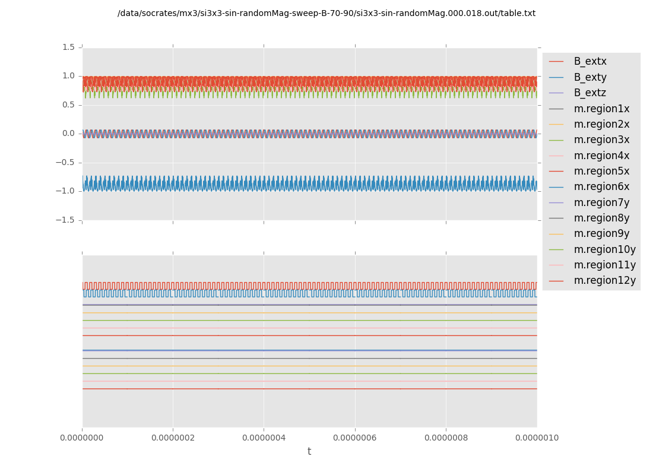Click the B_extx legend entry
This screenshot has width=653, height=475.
(x=590, y=61)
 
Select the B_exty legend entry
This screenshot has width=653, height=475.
(x=590, y=77)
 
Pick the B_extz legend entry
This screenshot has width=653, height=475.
(x=590, y=93)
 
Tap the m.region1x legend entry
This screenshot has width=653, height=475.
(x=601, y=109)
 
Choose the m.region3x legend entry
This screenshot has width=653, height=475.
(x=601, y=140)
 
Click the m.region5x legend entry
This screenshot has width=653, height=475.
(x=601, y=171)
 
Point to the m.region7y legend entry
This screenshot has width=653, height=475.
(x=601, y=202)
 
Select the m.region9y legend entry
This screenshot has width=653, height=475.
(x=601, y=233)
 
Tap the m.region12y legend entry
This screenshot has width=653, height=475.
(x=604, y=280)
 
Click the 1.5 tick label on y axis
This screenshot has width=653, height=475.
(x=69, y=47)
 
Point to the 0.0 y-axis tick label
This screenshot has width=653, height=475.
(x=69, y=133)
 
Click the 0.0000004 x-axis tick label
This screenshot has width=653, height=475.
(x=264, y=438)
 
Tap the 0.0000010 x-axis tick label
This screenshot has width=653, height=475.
(x=537, y=438)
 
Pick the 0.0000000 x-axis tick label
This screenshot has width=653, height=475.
(x=82, y=438)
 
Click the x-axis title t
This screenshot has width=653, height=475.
(x=309, y=452)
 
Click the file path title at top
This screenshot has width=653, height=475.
(x=326, y=13)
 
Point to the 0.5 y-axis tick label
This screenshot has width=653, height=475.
(x=69, y=104)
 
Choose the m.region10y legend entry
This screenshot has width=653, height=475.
(x=604, y=249)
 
